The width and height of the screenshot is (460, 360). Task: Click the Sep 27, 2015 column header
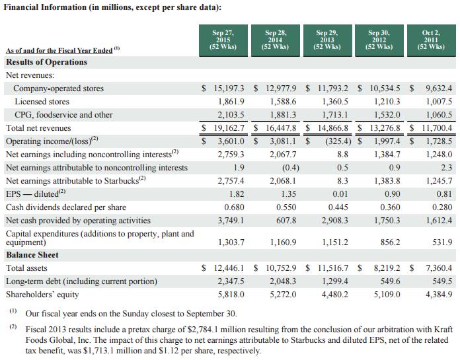223,38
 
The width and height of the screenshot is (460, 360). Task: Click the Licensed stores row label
41,102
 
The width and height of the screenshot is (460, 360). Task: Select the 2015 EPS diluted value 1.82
236,194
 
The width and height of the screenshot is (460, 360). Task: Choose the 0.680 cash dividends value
234,207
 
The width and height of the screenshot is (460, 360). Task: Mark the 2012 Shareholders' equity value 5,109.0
387,295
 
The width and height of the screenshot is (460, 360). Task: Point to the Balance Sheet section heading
32,255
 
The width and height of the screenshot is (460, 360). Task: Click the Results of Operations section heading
46,62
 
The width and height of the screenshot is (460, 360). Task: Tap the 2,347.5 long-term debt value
231,281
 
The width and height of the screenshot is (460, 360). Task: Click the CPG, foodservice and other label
63,115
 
